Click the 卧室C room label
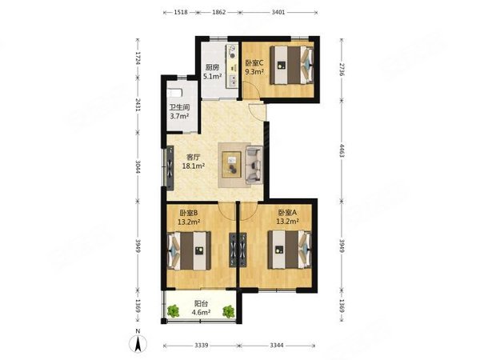pyautogui.click(x=254, y=62)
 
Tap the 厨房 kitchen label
pyautogui.click(x=212, y=67)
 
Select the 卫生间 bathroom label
pyautogui.click(x=180, y=107)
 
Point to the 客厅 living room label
pyautogui.click(x=193, y=158)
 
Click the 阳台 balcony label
pyautogui.click(x=201, y=303)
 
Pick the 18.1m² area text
pyautogui.click(x=193, y=166)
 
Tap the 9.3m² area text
pyautogui.click(x=254, y=72)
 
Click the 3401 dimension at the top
pyautogui.click(x=278, y=12)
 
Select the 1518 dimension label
pyautogui.click(x=181, y=12)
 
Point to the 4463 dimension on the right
pyautogui.click(x=342, y=150)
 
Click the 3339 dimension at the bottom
pyautogui.click(x=202, y=346)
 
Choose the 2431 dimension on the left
pyautogui.click(x=138, y=105)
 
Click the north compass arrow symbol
pyautogui.click(x=138, y=343)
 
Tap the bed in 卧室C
pyautogui.click(x=292, y=65)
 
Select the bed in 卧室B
pyautogui.click(x=189, y=251)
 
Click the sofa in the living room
pyautogui.click(x=254, y=165)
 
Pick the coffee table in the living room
pyautogui.click(x=232, y=164)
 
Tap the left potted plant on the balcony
pyautogui.click(x=174, y=311)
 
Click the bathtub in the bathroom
pyautogui.click(x=174, y=93)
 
